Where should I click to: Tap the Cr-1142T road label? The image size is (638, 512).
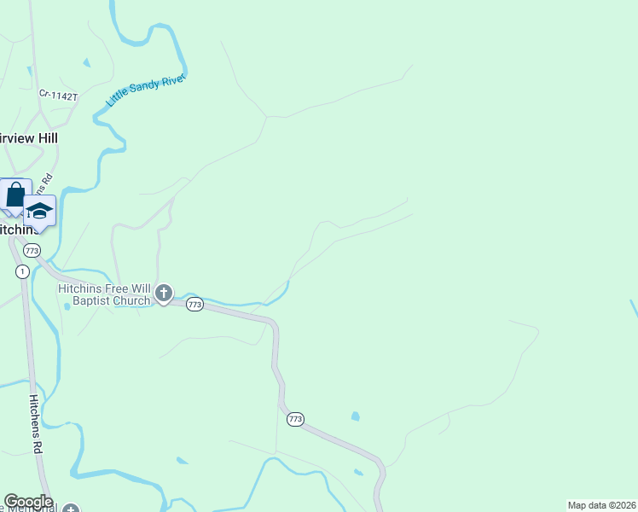point(58,96)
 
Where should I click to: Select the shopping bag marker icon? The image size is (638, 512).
point(15,195)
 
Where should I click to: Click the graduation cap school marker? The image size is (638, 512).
point(39,210)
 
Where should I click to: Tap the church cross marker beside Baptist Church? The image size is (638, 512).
point(164,294)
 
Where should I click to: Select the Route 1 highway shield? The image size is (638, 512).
point(21,271)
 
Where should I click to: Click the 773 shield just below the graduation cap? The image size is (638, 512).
point(32,250)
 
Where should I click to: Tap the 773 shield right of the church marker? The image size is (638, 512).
point(194,305)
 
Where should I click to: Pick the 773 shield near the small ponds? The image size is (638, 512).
point(295,419)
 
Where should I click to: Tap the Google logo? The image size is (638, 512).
point(28,502)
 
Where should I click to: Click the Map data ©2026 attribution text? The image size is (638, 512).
point(601,505)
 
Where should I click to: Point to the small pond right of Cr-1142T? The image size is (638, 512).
point(85,62)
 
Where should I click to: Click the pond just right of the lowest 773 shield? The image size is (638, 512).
point(355,416)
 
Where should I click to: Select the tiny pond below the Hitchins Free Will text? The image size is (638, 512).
point(67,306)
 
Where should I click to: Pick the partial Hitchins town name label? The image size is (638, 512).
point(19,230)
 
